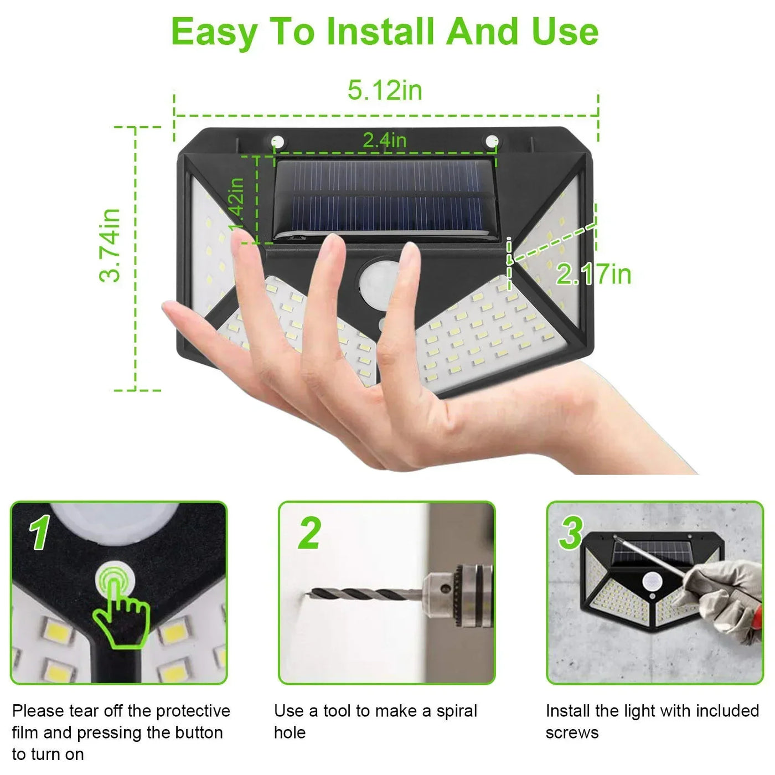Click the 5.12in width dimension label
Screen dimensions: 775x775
pyautogui.click(x=385, y=90)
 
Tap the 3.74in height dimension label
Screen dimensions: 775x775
pyautogui.click(x=110, y=245)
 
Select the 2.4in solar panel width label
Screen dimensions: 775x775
pyautogui.click(x=384, y=140)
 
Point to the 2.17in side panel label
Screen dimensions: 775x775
pyautogui.click(x=593, y=275)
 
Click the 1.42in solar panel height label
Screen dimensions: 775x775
pyautogui.click(x=237, y=205)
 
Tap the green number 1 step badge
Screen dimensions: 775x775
pyautogui.click(x=40, y=532)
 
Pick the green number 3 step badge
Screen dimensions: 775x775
pyautogui.click(x=570, y=533)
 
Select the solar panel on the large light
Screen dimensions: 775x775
pyautogui.click(x=386, y=200)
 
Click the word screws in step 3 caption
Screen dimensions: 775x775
pyautogui.click(x=572, y=733)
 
